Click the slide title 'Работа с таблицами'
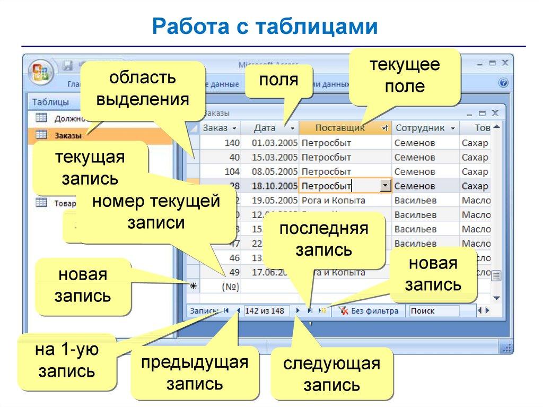[265, 27]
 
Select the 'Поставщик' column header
[340, 128]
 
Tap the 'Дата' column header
[265, 128]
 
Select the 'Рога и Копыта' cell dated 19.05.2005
[333, 201]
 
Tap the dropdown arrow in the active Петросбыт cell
[386, 186]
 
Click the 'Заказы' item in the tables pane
[68, 135]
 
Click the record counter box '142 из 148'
[265, 311]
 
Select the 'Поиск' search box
[433, 311]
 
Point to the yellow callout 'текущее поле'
[405, 76]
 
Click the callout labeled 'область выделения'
[143, 89]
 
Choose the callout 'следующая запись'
[332, 374]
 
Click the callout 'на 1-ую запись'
[67, 360]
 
